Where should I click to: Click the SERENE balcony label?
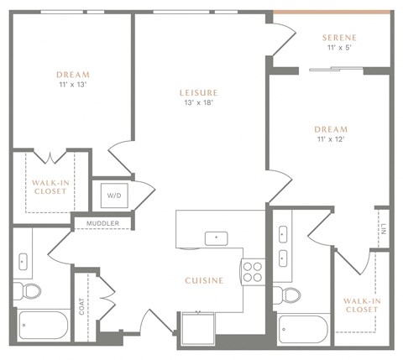339,38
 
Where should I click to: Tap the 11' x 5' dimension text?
339,49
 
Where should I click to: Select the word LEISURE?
199,92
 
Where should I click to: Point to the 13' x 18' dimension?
199,103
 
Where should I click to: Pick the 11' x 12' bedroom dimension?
330,139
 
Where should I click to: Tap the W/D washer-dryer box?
112,196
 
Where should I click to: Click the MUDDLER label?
104,223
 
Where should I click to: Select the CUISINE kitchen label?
204,280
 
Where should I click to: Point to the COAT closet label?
81,308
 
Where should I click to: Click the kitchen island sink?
217,237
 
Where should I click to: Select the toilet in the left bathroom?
31,291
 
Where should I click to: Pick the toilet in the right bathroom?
290,295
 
